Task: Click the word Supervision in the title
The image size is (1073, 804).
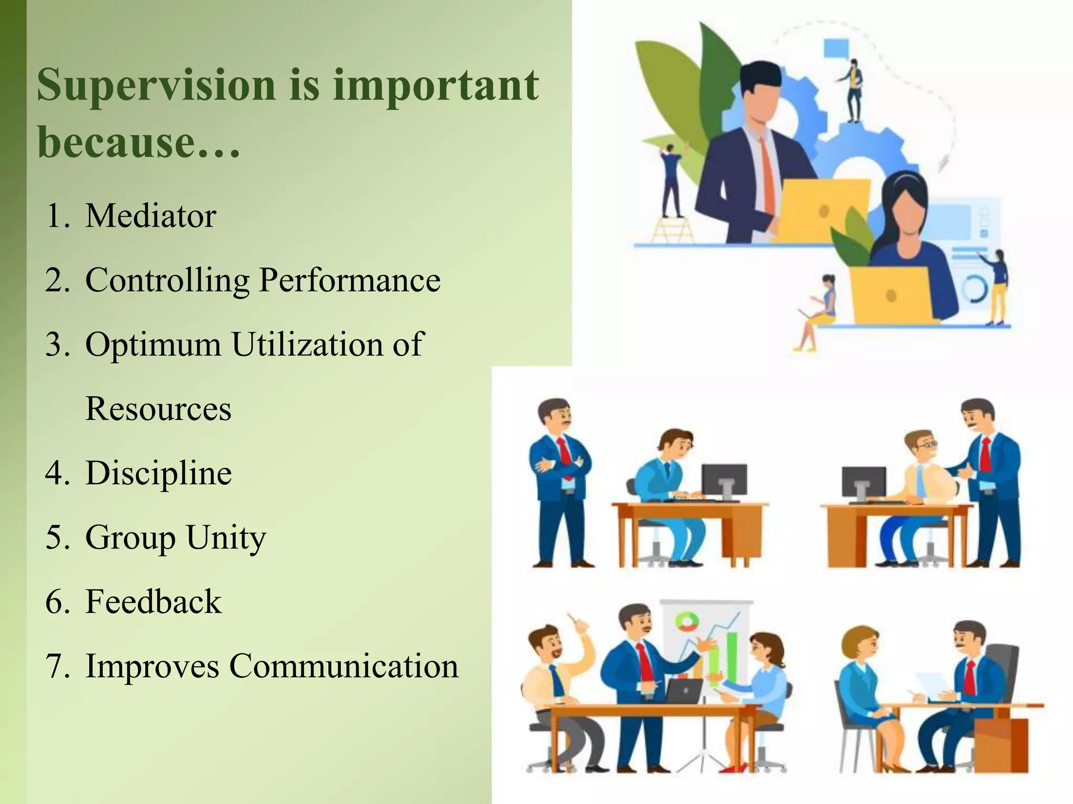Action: (x=156, y=85)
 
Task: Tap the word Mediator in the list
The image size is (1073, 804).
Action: (x=150, y=215)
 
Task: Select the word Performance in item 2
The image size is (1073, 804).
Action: (x=349, y=280)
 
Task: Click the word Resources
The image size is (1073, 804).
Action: (x=158, y=409)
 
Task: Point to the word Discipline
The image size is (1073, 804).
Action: (x=158, y=473)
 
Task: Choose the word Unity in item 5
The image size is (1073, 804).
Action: (x=226, y=538)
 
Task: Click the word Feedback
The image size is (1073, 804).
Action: (x=153, y=602)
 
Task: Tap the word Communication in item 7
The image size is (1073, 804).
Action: (x=343, y=666)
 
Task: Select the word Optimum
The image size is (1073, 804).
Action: (x=153, y=345)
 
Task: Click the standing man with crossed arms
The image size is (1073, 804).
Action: (x=560, y=482)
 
